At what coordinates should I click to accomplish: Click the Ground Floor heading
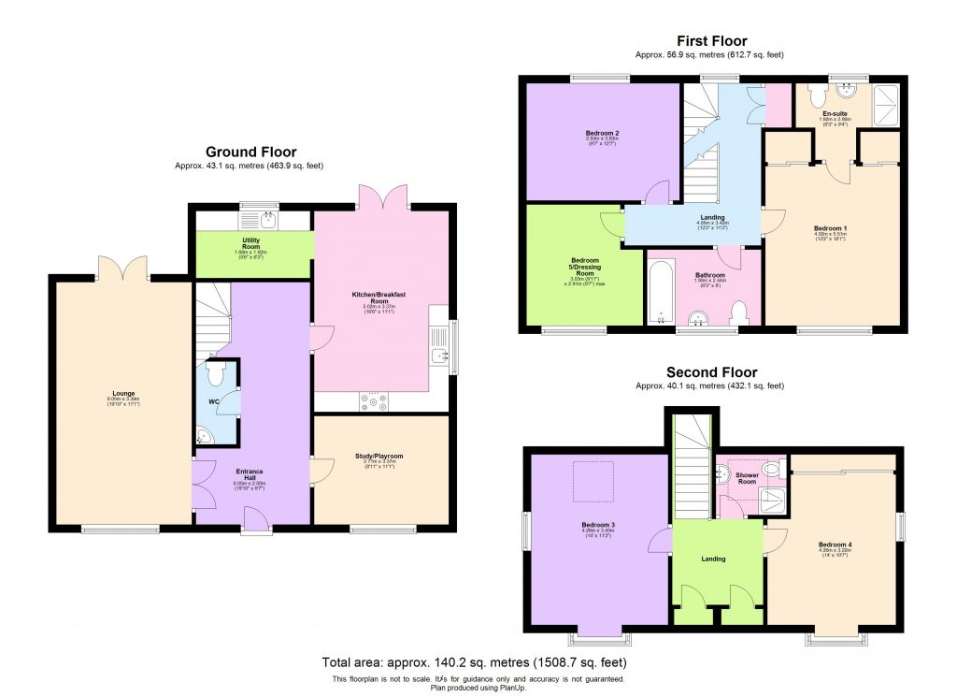pos(250,152)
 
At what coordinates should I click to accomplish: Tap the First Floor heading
pos(711,40)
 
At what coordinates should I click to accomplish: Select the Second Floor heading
pos(711,371)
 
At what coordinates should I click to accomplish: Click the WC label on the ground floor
pos(214,404)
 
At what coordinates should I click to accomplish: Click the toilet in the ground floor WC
pos(217,375)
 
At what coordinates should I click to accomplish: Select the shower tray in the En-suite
pos(885,104)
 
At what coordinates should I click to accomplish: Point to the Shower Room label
pos(747,476)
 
